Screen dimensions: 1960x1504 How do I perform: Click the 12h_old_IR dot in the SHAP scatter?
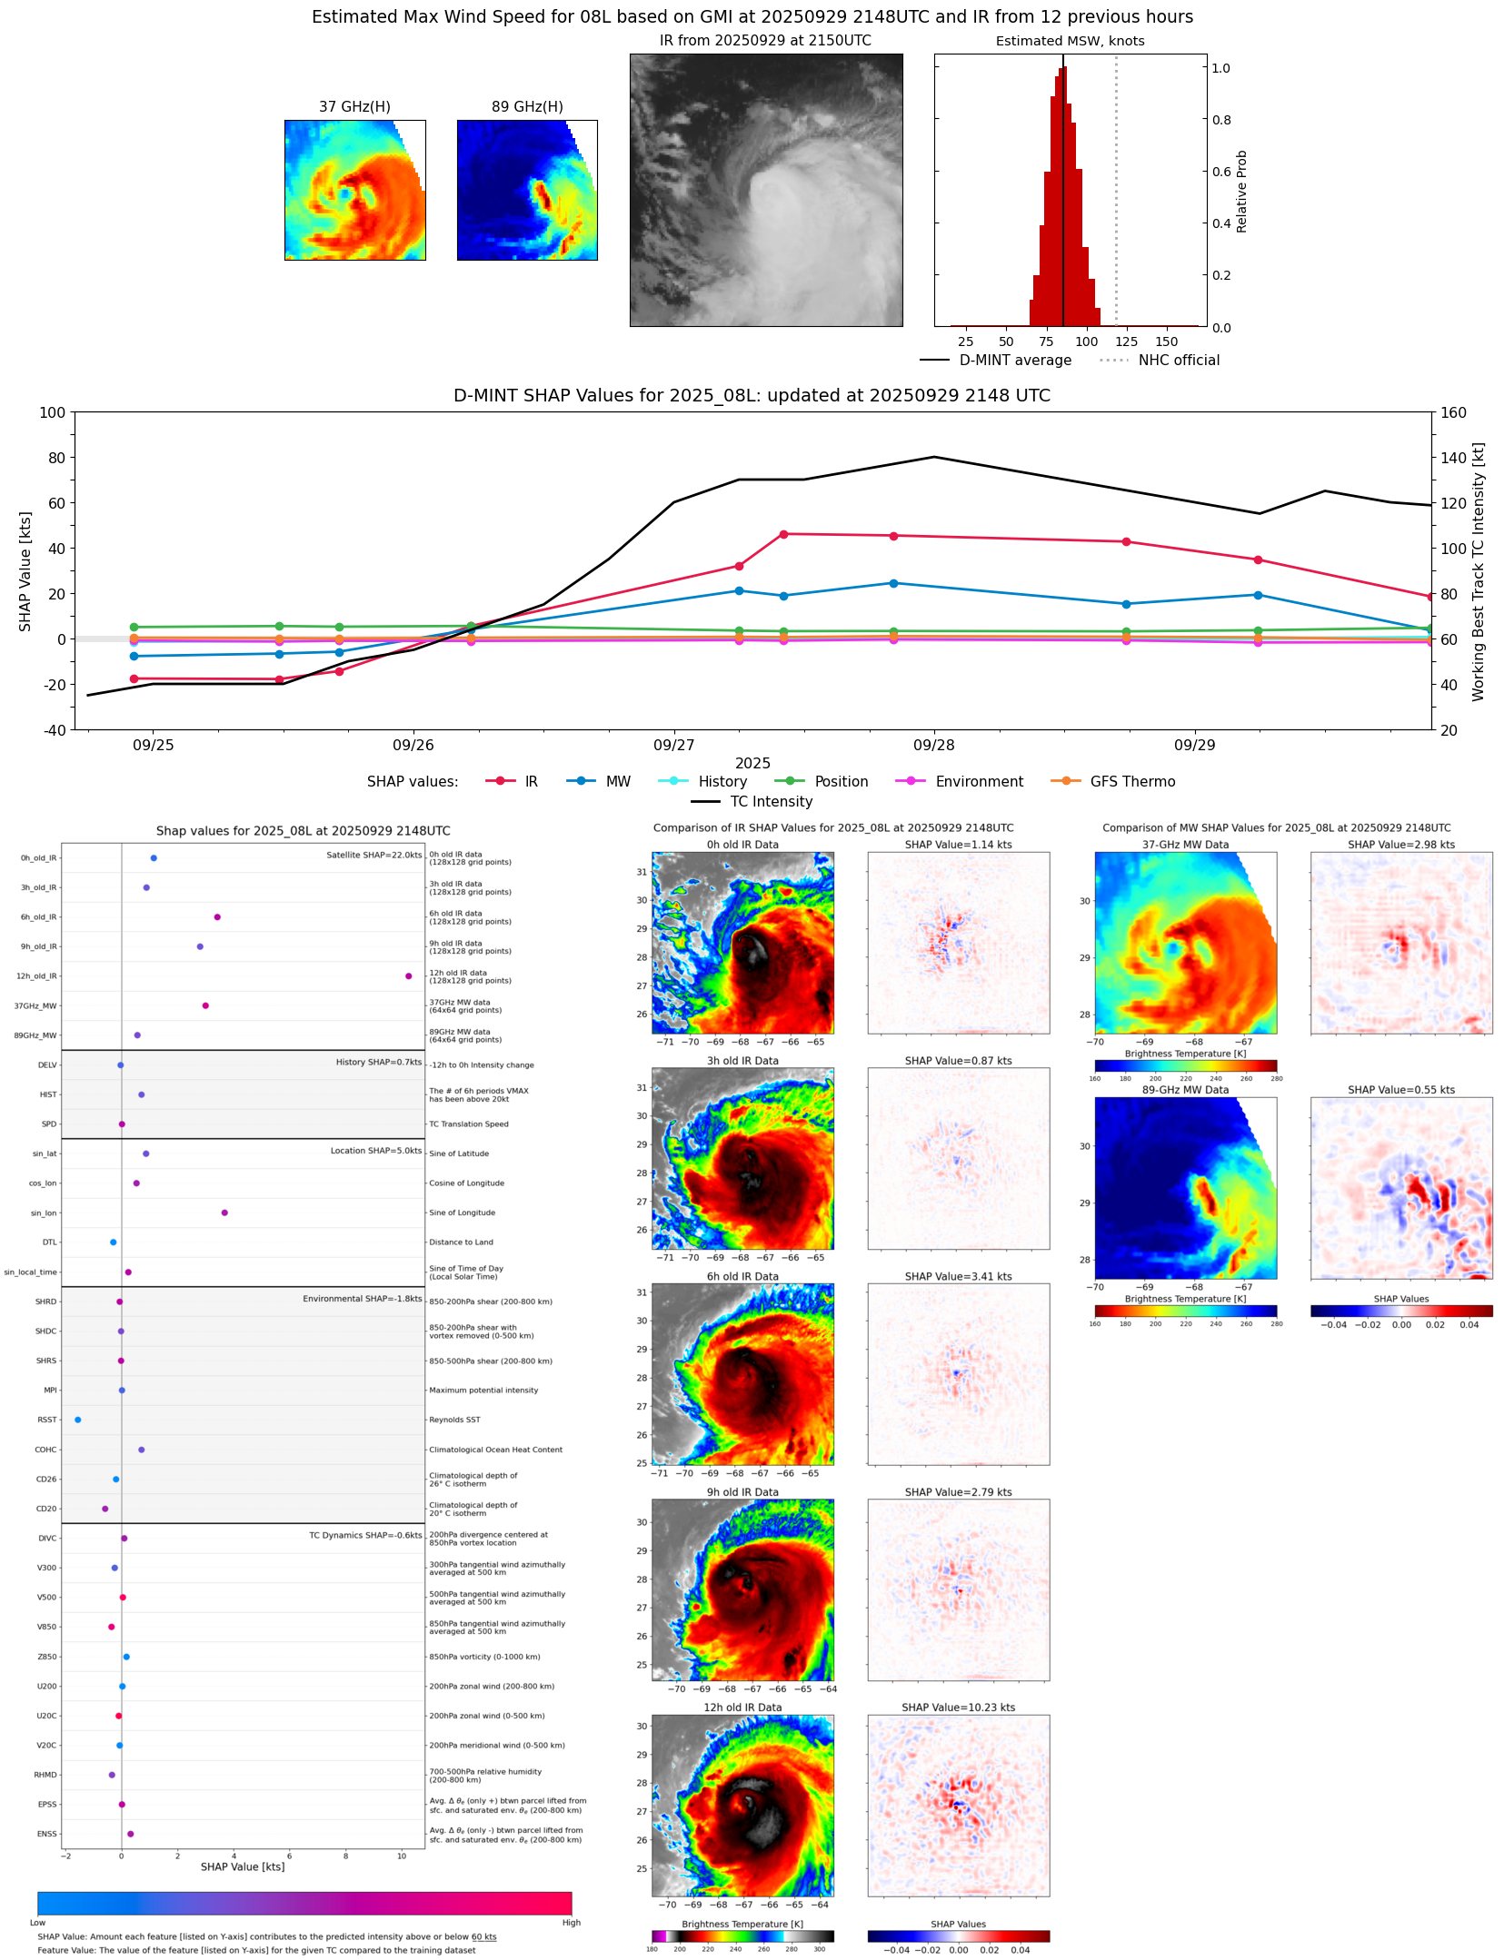point(408,975)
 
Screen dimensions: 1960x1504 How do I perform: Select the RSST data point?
point(77,1420)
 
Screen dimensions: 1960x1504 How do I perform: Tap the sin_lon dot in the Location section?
point(224,1213)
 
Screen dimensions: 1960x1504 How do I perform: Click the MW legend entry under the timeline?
point(617,781)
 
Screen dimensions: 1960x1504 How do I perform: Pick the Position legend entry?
point(841,781)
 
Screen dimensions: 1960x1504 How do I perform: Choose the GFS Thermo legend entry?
point(1131,781)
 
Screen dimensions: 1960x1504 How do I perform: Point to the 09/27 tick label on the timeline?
point(673,745)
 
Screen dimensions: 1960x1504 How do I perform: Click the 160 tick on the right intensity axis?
point(1453,412)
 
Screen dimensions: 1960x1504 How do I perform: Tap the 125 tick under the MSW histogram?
point(1126,342)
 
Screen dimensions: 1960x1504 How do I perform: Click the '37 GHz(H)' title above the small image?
point(354,106)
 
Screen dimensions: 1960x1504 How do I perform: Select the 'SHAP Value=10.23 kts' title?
point(958,1708)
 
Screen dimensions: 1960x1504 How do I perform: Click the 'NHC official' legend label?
point(1179,360)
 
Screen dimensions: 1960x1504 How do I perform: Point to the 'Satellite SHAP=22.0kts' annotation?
point(374,855)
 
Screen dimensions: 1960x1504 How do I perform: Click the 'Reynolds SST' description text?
point(454,1420)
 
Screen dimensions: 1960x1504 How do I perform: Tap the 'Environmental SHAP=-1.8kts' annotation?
point(362,1299)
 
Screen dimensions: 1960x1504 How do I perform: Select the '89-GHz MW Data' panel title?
point(1185,1090)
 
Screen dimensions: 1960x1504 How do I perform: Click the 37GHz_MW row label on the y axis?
point(35,1005)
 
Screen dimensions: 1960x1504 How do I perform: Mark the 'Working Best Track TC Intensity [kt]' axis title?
point(1479,571)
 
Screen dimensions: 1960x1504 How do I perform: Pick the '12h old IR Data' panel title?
point(742,1708)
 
